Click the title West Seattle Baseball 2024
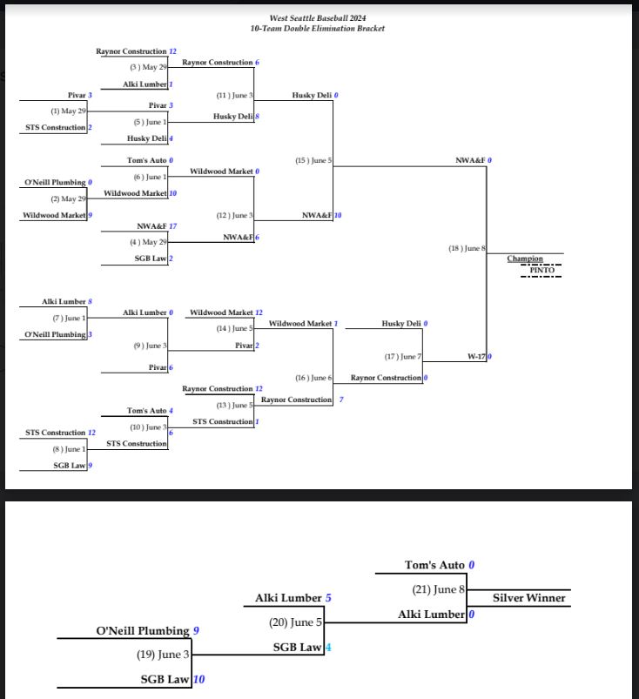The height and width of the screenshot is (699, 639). pos(318,18)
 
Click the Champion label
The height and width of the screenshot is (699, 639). pos(525,259)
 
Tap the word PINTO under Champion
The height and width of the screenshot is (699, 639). pos(541,270)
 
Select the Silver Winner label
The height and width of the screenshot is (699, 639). pos(528,598)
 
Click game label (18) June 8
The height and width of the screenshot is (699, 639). pos(467,248)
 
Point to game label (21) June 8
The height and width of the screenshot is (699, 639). pos(439,590)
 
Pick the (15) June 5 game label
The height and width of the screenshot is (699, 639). pos(313,160)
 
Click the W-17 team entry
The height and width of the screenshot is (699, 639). pos(476,357)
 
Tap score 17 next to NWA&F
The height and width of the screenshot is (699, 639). pos(172,226)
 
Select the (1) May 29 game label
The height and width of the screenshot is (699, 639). pos(68,111)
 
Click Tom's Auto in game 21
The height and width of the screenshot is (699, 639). pos(434,565)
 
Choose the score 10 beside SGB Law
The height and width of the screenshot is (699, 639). pos(198,679)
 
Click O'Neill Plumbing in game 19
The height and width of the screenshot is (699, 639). pos(143,631)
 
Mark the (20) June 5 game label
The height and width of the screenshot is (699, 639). pos(295,622)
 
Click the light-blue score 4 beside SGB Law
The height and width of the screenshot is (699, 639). pos(328,648)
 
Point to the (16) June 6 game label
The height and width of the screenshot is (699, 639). pos(313,378)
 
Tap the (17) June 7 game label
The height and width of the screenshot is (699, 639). pos(403,357)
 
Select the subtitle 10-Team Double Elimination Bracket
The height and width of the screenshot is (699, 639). pos(318,29)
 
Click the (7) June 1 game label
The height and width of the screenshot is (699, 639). pos(69,319)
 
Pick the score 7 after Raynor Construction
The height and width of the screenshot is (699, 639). pos(341,400)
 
